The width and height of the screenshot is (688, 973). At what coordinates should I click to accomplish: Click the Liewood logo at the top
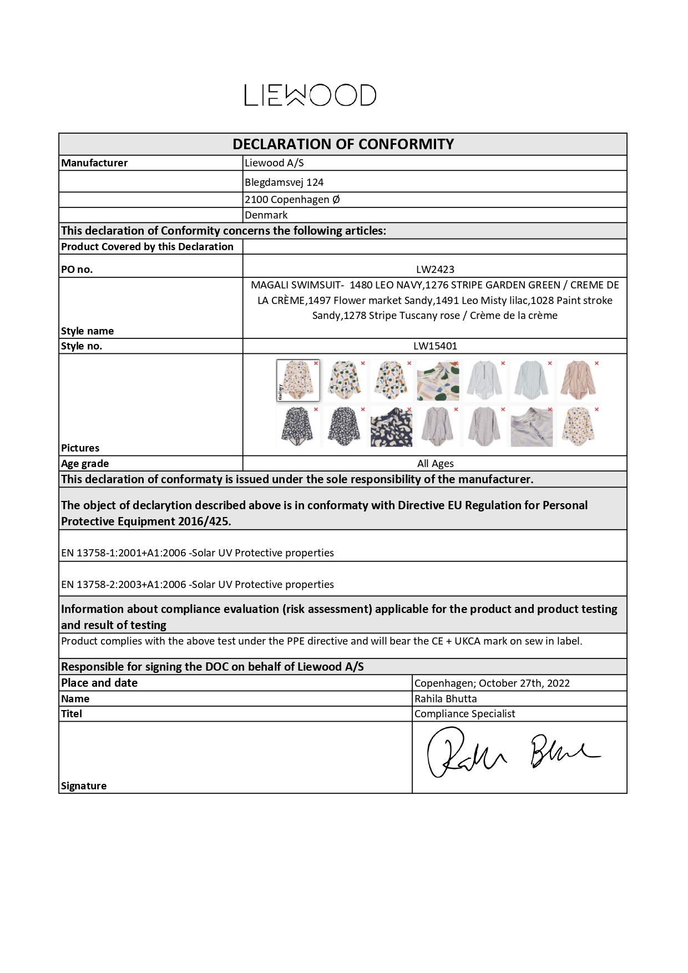click(x=310, y=95)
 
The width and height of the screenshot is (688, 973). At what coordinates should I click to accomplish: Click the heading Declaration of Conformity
click(x=343, y=144)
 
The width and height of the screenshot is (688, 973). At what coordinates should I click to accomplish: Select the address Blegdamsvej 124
click(x=284, y=182)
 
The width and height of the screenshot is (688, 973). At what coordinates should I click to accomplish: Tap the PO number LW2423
click(x=435, y=270)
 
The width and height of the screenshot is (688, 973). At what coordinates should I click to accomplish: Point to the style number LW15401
click(x=435, y=346)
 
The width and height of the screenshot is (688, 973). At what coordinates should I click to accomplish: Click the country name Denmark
click(x=266, y=215)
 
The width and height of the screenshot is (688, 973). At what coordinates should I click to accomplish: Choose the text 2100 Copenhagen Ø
click(x=292, y=200)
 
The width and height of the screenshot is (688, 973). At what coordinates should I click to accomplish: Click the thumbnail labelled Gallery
click(x=297, y=381)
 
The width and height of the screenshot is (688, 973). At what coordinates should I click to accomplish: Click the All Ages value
click(x=435, y=464)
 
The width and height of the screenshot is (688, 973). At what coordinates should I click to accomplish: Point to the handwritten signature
click(x=510, y=753)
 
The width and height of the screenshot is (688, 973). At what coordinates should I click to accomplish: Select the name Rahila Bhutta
click(x=446, y=699)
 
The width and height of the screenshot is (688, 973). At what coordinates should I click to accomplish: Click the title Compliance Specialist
click(x=464, y=714)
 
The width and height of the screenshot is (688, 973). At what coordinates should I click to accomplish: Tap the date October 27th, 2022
click(x=524, y=683)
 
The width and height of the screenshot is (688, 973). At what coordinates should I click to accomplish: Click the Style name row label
click(x=87, y=331)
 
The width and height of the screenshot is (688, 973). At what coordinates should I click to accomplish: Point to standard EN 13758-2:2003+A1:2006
click(x=123, y=585)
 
